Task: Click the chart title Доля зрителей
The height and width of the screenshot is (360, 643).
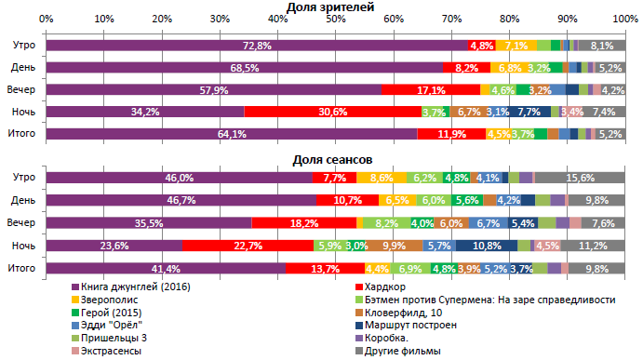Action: pos(330,7)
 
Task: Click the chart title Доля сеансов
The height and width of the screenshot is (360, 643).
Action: pos(332,159)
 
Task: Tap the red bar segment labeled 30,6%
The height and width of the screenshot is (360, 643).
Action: pos(332,112)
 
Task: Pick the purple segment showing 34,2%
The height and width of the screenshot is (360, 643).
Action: pos(145,112)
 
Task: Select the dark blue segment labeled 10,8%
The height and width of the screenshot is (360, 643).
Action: pos(500,246)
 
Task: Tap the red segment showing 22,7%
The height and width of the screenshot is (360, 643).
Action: pos(247,246)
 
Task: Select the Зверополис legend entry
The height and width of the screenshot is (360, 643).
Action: pos(109,300)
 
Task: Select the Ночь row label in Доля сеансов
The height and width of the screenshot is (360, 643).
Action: pos(22,246)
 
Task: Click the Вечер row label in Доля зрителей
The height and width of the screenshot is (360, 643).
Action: pos(22,89)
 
